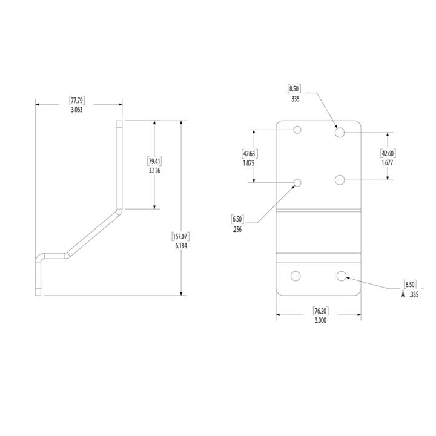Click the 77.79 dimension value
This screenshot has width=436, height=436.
click(x=78, y=100)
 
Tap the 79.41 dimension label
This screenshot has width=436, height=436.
click(x=154, y=161)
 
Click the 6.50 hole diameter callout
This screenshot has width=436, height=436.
click(x=237, y=219)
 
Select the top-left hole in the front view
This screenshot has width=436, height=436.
click(x=297, y=130)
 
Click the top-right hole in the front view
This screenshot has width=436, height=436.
click(x=340, y=131)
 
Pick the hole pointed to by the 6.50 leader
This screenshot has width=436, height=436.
click(x=297, y=183)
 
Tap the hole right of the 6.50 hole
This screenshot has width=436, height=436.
click(x=340, y=180)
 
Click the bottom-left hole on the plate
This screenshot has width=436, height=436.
click(x=296, y=276)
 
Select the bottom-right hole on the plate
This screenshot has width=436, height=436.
click(x=342, y=276)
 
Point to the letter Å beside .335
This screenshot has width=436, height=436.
click(x=402, y=295)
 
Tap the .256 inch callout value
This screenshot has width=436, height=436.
click(x=237, y=229)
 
